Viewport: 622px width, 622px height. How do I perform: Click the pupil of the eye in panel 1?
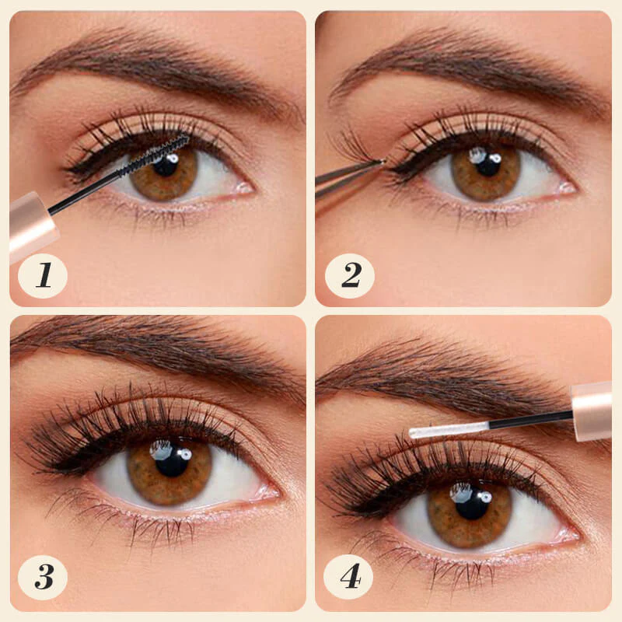(165, 166)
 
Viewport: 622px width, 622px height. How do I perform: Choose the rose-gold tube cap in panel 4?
(592, 411)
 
